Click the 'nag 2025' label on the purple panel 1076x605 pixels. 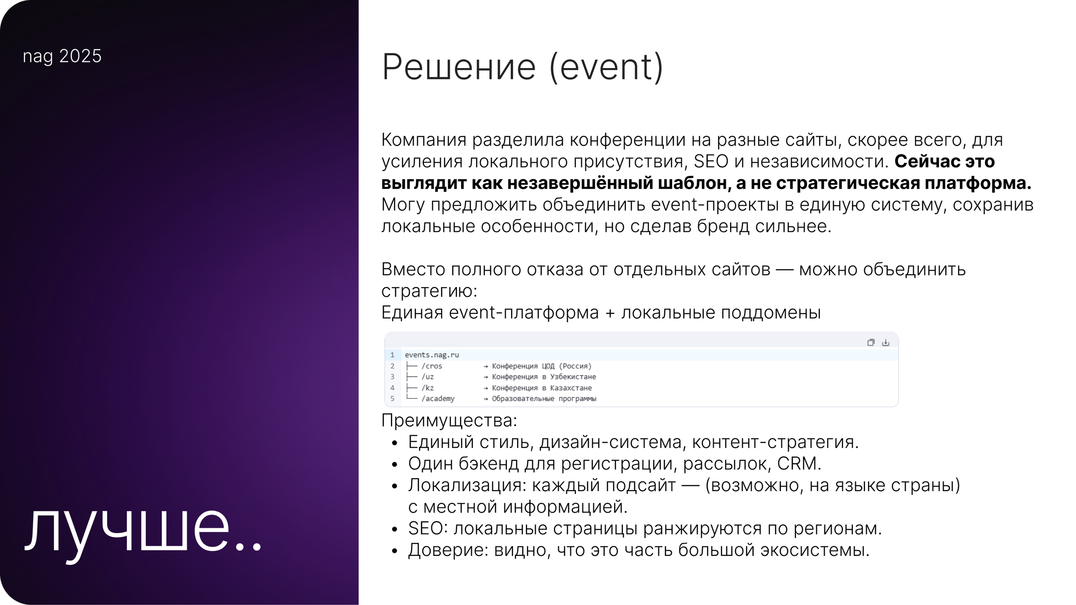62,56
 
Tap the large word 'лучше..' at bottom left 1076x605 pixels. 143,533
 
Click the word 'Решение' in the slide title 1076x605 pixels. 459,67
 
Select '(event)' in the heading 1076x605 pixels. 606,67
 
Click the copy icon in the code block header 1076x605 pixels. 870,342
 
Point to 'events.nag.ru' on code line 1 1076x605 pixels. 432,355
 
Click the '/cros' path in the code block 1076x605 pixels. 432,366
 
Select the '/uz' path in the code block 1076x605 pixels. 427,377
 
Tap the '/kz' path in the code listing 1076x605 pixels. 427,388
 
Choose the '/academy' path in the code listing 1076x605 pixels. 438,399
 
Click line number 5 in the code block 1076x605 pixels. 392,399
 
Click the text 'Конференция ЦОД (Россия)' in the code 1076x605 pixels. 541,366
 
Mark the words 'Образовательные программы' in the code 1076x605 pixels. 544,399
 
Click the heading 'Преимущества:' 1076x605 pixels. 449,421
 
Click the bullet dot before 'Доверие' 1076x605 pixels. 394,551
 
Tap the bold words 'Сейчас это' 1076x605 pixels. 944,162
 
